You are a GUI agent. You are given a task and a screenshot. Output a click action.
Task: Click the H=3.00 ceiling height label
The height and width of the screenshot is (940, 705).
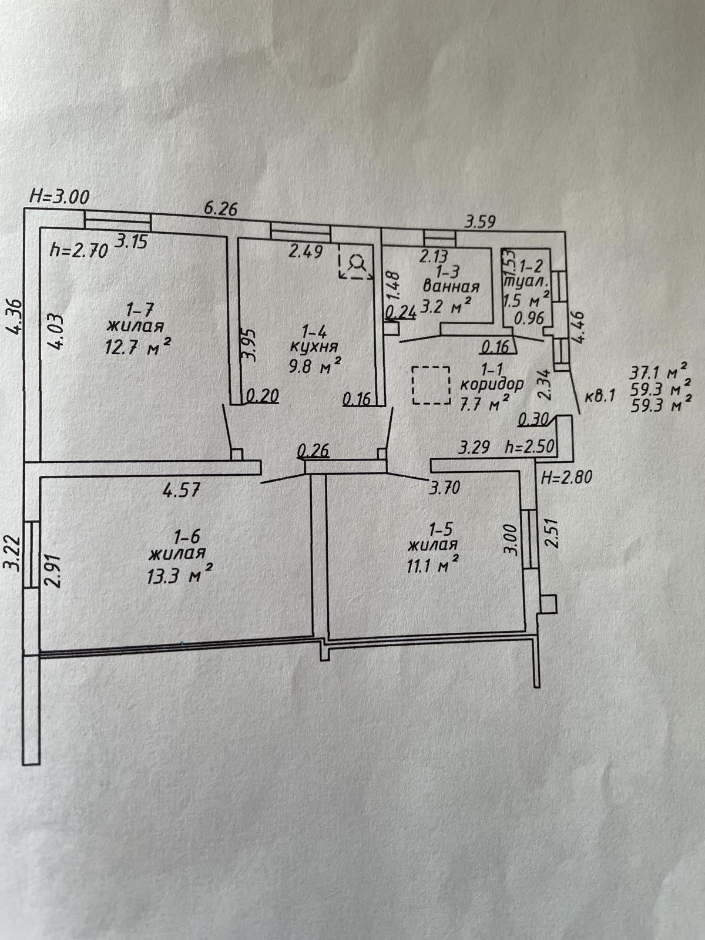(59, 197)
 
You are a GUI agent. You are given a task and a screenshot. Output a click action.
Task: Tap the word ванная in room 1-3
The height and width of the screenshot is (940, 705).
(451, 287)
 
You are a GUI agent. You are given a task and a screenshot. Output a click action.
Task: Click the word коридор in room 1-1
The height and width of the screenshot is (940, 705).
(491, 385)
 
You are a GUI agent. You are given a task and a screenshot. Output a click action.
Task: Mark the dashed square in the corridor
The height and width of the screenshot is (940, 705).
(431, 385)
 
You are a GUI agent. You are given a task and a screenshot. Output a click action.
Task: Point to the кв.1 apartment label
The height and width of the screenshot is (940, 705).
(600, 396)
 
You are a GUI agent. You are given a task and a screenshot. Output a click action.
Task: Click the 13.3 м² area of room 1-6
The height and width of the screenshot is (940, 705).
(179, 573)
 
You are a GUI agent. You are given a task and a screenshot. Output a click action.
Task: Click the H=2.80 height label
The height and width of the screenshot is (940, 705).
(566, 476)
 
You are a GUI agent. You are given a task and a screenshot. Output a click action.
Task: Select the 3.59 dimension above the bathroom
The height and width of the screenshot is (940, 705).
(480, 222)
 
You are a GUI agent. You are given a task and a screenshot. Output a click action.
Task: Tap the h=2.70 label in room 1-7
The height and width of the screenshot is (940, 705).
(79, 251)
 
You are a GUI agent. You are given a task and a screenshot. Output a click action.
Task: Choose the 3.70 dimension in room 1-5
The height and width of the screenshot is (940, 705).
(444, 488)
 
